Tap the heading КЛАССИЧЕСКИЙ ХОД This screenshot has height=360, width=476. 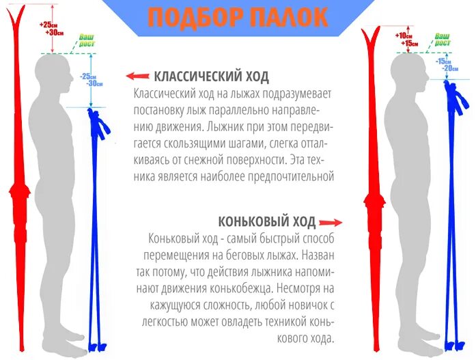212,76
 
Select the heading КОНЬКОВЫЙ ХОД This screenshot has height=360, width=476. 267,221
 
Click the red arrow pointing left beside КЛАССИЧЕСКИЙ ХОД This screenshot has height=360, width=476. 138,76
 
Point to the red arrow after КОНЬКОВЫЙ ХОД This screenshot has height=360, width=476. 330,222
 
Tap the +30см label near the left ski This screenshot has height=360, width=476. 55,32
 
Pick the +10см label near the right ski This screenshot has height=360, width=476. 405,36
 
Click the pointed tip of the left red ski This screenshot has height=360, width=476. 18,10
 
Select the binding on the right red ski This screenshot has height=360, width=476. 374,205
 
